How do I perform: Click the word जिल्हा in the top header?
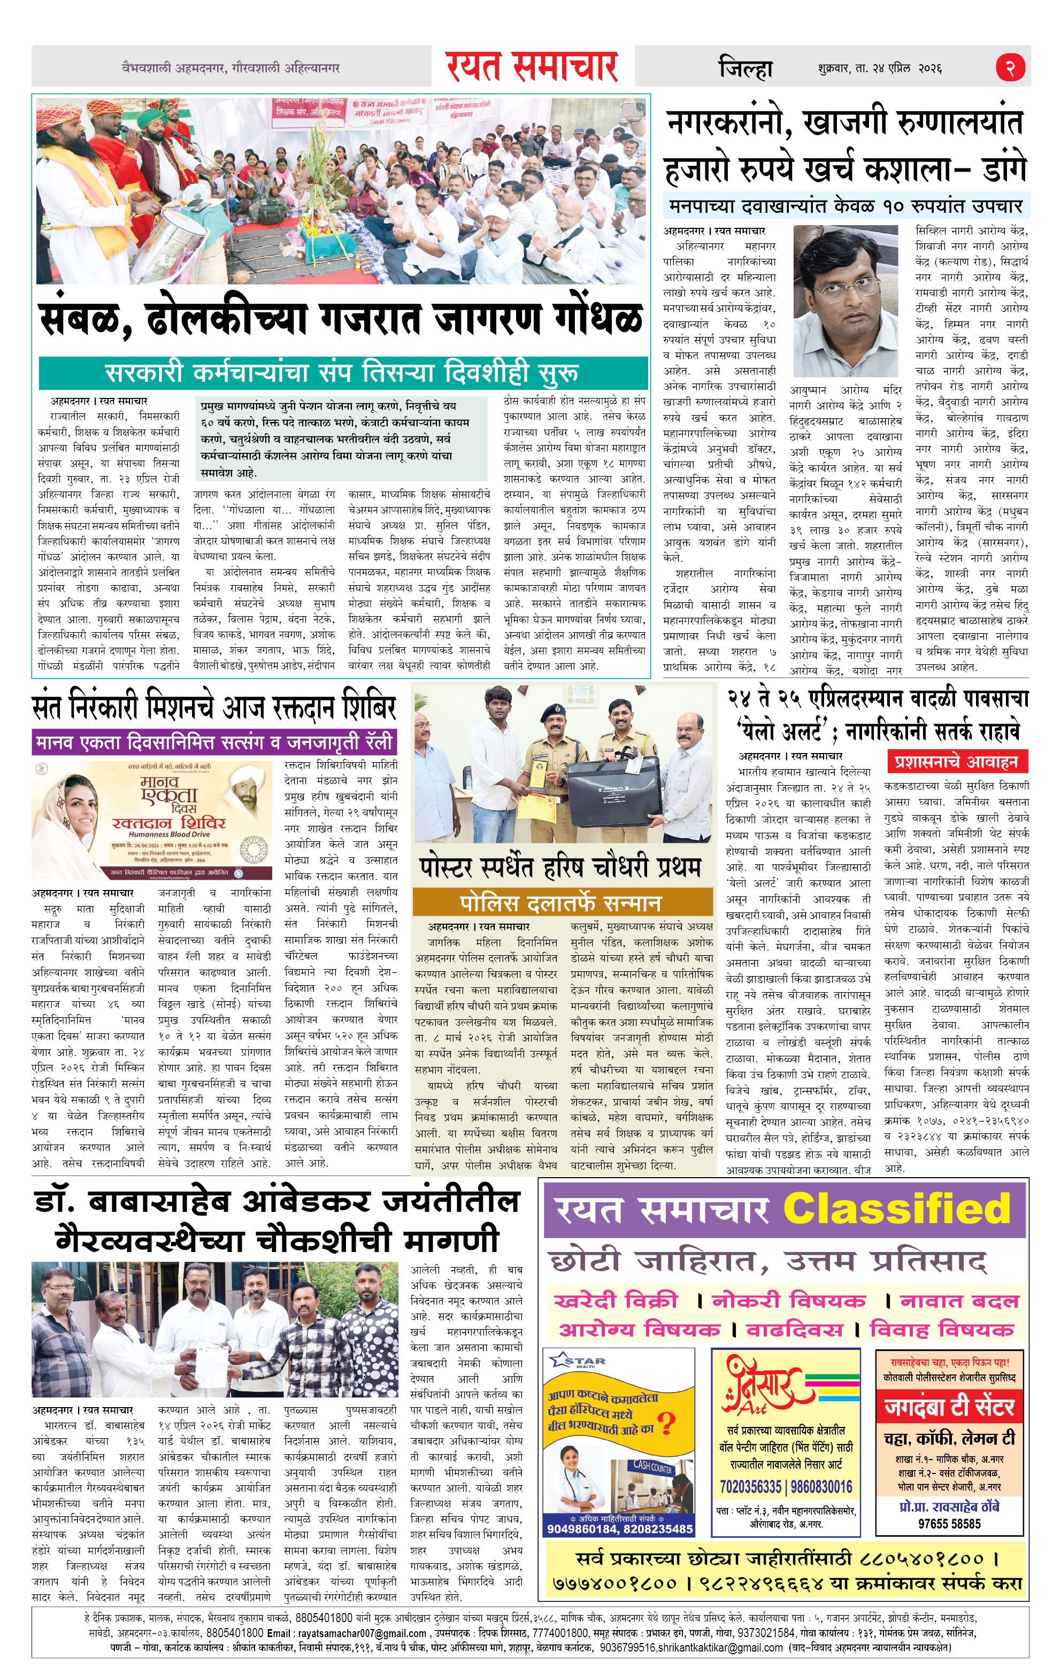click(x=744, y=68)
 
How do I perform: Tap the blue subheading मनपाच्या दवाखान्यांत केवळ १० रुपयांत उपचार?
click(x=845, y=206)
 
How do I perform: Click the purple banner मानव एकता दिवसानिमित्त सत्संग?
click(x=213, y=742)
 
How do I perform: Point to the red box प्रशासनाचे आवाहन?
click(x=956, y=762)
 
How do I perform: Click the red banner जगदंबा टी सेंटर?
click(x=949, y=1408)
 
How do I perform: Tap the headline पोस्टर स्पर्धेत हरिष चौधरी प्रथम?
click(x=560, y=867)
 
